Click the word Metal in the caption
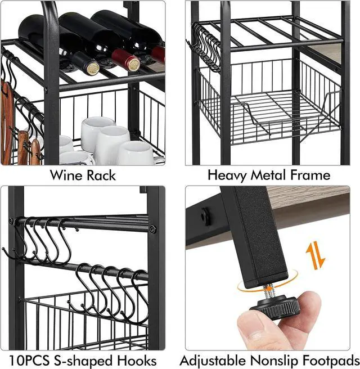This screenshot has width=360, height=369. pos(271,174)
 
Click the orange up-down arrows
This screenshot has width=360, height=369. pos(314,255)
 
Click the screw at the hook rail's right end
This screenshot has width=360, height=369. pos(152,229)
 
